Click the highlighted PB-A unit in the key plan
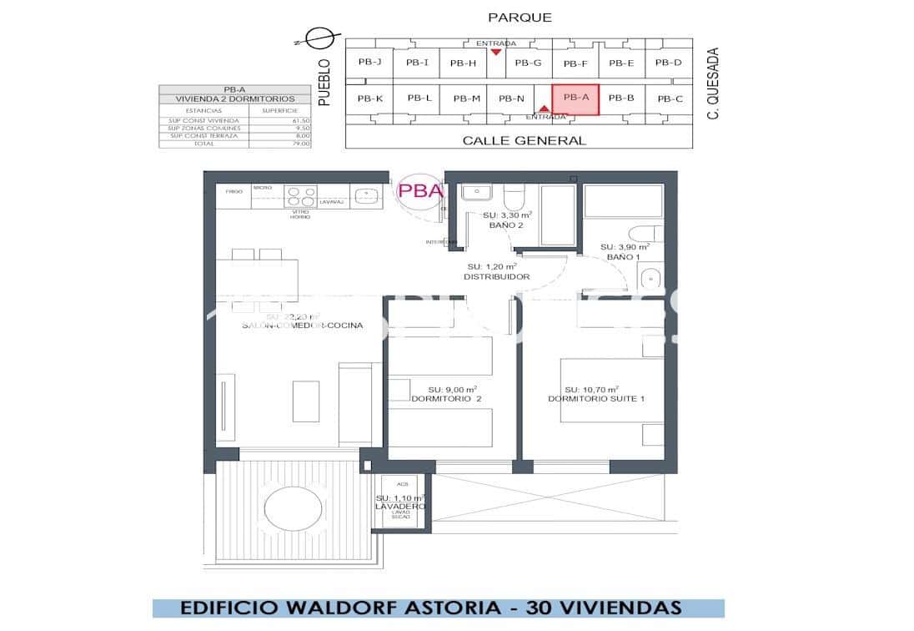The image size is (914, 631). click(575, 98)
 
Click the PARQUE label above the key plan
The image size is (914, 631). click(520, 18)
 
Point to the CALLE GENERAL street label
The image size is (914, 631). click(524, 140)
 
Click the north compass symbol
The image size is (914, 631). click(318, 38)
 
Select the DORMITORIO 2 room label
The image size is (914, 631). click(446, 399)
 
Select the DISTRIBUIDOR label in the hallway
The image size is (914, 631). click(497, 276)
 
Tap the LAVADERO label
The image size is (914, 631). click(400, 507)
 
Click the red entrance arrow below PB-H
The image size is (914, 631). click(496, 52)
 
